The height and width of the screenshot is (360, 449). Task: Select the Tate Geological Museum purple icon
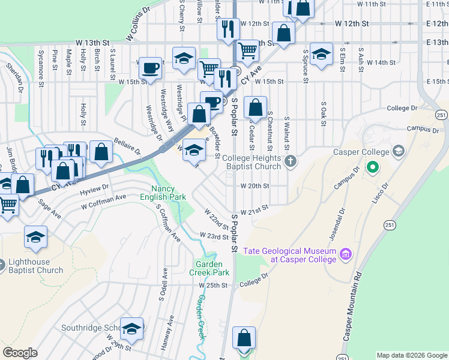point(345,254)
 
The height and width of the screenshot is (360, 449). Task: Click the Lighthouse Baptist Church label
point(35,266)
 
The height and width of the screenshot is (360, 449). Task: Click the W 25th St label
point(213,285)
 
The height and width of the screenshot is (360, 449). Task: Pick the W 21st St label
point(253,212)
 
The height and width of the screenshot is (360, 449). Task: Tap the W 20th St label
point(255,186)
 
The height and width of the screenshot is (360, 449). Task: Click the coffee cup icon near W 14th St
point(149,66)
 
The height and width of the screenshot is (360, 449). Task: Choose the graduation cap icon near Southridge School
point(131,328)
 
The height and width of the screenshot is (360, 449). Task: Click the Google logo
point(20,353)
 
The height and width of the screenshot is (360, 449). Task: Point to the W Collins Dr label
point(138,25)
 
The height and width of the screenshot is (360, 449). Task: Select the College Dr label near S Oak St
point(402,108)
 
